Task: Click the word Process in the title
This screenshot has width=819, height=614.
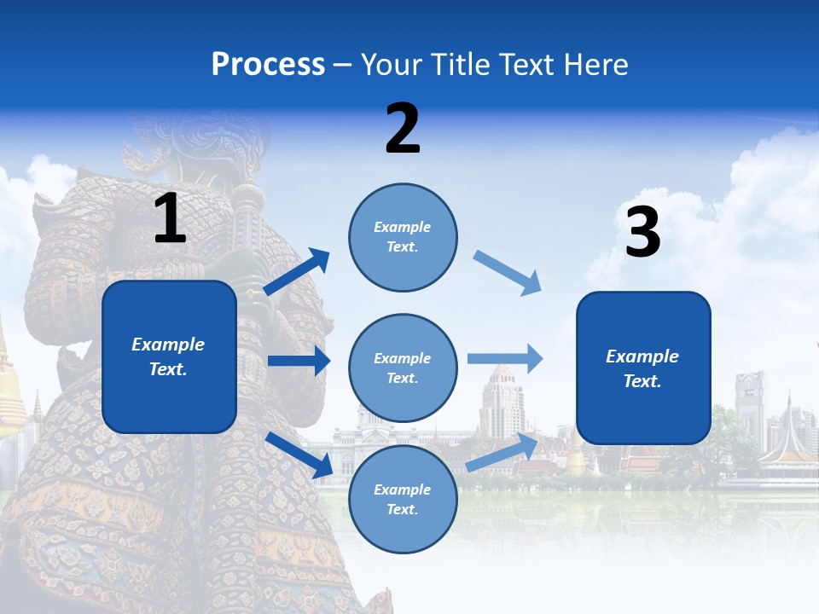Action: coord(268,64)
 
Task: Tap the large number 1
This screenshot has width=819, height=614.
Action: coord(170,218)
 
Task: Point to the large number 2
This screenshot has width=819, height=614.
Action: coord(403,129)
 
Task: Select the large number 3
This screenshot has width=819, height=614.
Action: coord(642,233)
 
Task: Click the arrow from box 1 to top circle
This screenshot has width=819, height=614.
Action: coord(296,272)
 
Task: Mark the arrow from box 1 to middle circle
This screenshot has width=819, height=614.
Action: coord(299,361)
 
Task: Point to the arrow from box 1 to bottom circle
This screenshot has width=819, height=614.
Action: coord(299,455)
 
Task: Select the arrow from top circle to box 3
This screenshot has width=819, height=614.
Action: coord(507,273)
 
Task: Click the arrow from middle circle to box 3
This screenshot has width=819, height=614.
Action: coord(505,359)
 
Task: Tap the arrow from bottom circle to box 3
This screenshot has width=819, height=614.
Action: coord(502,452)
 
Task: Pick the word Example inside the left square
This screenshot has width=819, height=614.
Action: coord(168,345)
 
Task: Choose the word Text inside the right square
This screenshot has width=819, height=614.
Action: coord(642,381)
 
